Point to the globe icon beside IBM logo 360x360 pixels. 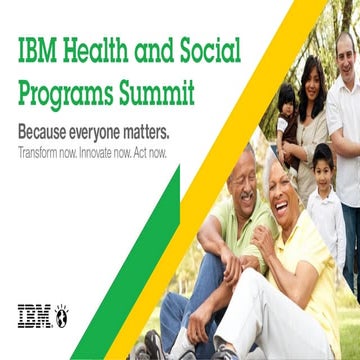(60, 315)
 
